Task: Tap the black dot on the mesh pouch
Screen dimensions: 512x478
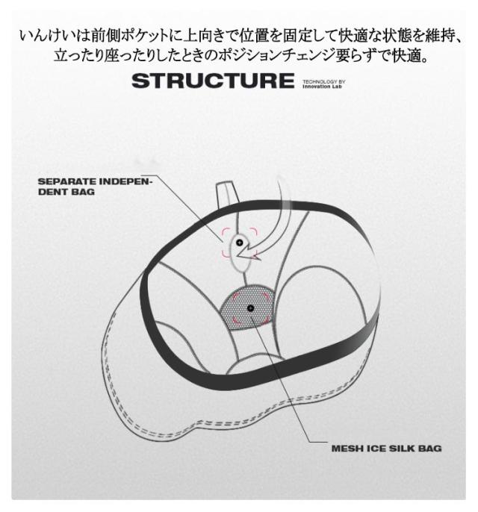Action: tap(251, 308)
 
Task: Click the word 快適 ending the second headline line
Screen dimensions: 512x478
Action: tap(406, 55)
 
